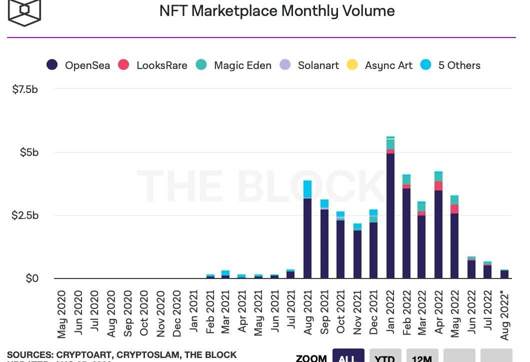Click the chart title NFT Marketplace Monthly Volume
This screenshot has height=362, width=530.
(276, 11)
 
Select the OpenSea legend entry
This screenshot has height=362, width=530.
(78, 65)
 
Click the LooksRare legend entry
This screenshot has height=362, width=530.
(153, 65)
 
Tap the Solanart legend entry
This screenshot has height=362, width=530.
(309, 65)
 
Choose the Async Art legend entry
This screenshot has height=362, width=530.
(380, 65)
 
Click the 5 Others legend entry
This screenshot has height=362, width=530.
(450, 65)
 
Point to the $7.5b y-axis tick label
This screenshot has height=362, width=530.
(25, 89)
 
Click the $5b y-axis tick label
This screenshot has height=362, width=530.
(29, 152)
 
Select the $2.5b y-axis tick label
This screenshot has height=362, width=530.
(25, 215)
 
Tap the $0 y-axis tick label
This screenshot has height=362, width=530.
(32, 278)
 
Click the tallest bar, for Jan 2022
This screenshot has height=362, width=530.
(390, 210)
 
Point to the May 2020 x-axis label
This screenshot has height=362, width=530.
(61, 314)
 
